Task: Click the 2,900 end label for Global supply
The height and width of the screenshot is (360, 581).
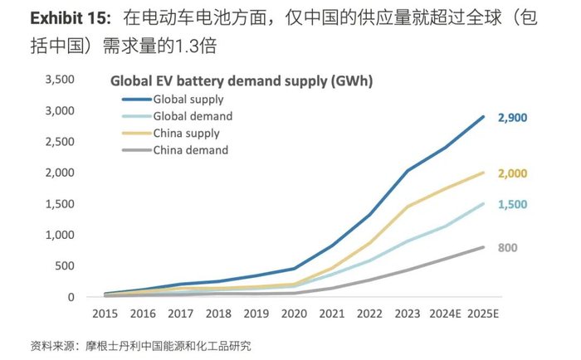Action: click(x=512, y=119)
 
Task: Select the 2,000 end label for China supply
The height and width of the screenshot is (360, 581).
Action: click(x=512, y=173)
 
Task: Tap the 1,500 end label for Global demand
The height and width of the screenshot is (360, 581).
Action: click(x=512, y=204)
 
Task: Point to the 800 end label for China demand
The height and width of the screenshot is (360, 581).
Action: click(x=509, y=247)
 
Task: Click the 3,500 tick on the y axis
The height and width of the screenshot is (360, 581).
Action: click(x=59, y=80)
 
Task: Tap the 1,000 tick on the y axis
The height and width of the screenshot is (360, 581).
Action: click(x=59, y=235)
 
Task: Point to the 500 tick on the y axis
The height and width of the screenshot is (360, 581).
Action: click(x=65, y=266)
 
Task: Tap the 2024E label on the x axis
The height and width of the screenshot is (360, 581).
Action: click(x=445, y=315)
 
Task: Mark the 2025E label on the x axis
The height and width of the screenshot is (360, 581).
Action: click(x=484, y=315)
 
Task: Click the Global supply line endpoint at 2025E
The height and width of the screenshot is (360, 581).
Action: click(x=484, y=116)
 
